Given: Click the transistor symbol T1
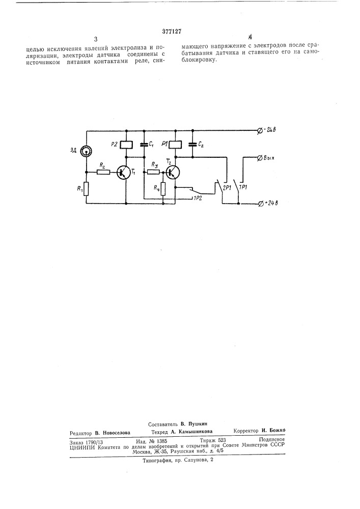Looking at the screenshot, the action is coord(123,172).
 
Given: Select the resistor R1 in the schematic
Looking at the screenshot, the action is coord(86,190).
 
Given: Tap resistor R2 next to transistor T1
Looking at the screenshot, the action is coord(103,172).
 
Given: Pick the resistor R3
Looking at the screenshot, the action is coord(153,172).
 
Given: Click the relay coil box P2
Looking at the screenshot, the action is coord(126,145).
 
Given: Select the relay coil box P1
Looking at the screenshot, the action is coord(175,145).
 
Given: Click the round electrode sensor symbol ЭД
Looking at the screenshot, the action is coord(87,150).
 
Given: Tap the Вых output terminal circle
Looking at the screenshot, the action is coord(260,158).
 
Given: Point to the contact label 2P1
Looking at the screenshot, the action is coord(227,188).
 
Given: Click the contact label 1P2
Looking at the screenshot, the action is coord(198,197).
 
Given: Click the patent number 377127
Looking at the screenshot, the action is coord(171,32).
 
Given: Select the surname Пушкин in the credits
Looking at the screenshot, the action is coord(198,424).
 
